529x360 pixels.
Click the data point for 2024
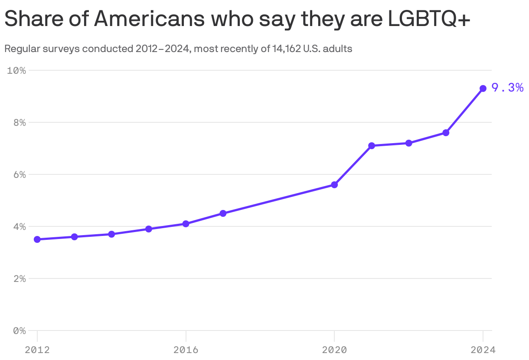[x=483, y=88]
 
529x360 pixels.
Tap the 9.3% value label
[x=507, y=88]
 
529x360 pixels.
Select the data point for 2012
[x=37, y=239]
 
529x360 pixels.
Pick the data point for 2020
[x=334, y=185]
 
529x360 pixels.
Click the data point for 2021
[x=372, y=146]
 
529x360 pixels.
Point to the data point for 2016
[x=186, y=224]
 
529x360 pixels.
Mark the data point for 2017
[x=223, y=213]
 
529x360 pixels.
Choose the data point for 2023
[x=446, y=133]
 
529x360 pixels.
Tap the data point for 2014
[x=111, y=234]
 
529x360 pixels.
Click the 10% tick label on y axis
[x=16, y=70]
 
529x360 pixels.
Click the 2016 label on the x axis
[x=186, y=350]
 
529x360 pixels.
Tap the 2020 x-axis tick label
[x=334, y=350]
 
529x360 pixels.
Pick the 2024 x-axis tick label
[x=483, y=350]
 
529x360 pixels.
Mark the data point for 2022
[x=408, y=143]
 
